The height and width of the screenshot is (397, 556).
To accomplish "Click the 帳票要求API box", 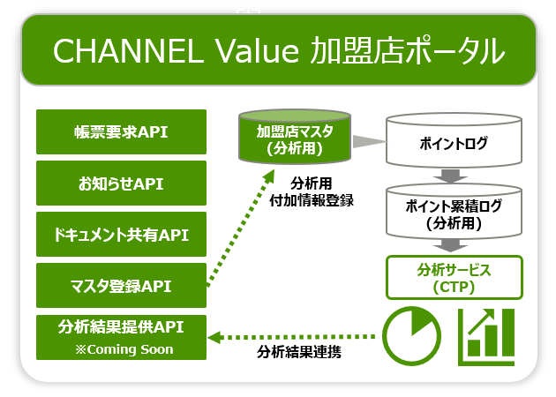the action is click(121, 131).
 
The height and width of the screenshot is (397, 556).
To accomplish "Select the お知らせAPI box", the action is click(121, 183).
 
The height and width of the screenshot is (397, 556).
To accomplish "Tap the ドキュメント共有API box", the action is click(121, 235).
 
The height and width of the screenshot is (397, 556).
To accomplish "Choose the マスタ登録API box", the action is click(121, 285).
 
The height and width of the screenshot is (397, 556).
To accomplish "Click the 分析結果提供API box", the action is click(121, 337).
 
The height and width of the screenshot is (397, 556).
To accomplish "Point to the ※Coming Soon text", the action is click(124, 349).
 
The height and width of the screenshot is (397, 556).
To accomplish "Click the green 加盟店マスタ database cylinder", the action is click(295, 137).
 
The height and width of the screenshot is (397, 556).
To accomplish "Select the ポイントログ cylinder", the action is click(454, 140).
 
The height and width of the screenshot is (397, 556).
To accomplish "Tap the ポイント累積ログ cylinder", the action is click(454, 212).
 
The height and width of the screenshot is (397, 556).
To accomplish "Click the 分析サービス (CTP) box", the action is click(455, 278).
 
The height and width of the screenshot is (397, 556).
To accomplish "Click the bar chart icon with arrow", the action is click(486, 337).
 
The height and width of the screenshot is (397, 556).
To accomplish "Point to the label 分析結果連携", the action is click(299, 352).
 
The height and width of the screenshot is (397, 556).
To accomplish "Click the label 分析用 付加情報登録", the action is click(312, 192).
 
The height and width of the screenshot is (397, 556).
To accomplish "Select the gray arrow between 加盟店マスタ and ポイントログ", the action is click(369, 141).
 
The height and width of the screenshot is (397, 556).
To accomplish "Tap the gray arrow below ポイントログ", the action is click(450, 176).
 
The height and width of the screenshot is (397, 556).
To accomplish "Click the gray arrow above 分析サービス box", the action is click(450, 245).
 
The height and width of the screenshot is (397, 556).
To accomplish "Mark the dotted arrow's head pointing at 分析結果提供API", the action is click(214, 337).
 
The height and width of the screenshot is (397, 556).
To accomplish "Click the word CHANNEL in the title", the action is click(128, 51).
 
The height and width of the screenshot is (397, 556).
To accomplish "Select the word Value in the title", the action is click(257, 51).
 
